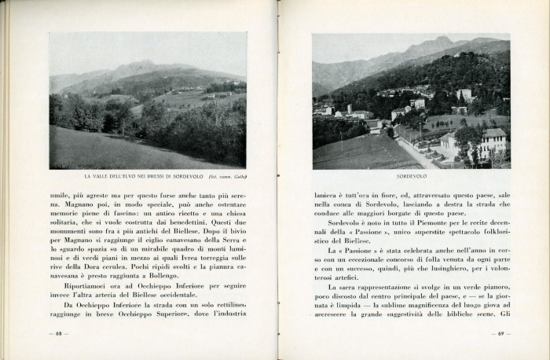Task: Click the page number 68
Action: click(x=58, y=333)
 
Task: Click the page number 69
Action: click(x=497, y=333)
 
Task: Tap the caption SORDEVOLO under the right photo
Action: click(x=411, y=176)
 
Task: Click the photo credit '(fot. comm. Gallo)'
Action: click(x=229, y=176)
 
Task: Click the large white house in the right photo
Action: click(x=493, y=142)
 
